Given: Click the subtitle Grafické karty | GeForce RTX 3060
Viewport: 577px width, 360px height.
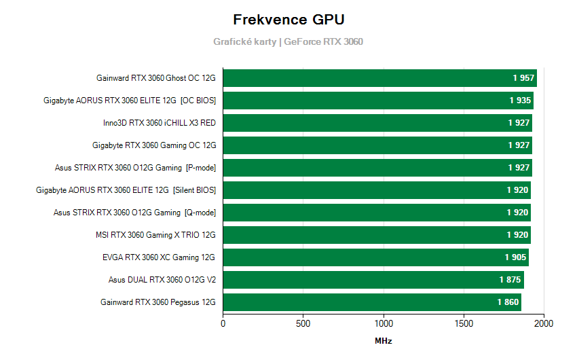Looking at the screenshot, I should click(288, 41).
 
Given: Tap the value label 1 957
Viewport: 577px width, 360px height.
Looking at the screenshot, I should click(524, 78).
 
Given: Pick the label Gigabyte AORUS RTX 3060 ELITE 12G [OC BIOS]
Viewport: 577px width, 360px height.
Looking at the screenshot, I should click(130, 101).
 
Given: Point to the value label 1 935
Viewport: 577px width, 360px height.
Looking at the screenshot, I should click(521, 101).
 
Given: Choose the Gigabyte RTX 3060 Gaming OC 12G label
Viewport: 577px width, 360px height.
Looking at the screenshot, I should click(154, 145).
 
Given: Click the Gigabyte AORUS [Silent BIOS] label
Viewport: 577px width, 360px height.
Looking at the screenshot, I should click(126, 190).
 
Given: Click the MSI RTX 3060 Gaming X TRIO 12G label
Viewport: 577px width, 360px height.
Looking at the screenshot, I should click(156, 235).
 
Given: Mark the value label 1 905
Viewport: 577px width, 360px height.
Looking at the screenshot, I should click(516, 257).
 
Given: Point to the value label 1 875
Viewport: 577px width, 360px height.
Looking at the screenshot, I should click(511, 280).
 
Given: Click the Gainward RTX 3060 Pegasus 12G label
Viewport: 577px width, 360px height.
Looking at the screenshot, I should click(158, 302).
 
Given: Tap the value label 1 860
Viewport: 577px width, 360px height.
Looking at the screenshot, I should click(508, 302).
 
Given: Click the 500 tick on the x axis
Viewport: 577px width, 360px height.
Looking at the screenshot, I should click(303, 324).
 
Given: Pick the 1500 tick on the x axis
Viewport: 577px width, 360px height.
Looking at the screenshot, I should click(464, 324).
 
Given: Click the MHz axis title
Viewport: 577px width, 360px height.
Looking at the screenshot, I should click(384, 341).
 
